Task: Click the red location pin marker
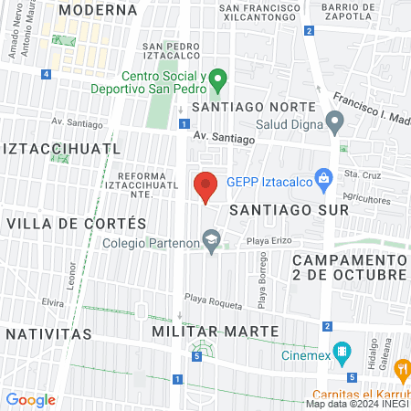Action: tap(205, 186)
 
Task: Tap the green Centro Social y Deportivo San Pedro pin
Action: tap(217, 80)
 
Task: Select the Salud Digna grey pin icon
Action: tap(335, 120)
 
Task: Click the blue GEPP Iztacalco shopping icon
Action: tap(321, 179)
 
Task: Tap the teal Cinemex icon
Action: tap(342, 352)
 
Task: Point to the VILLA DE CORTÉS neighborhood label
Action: tap(76, 223)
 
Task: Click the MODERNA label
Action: tap(97, 9)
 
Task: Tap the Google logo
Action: tap(30, 400)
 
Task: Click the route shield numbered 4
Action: tap(47, 75)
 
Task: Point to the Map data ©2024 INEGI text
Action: tap(356, 404)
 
